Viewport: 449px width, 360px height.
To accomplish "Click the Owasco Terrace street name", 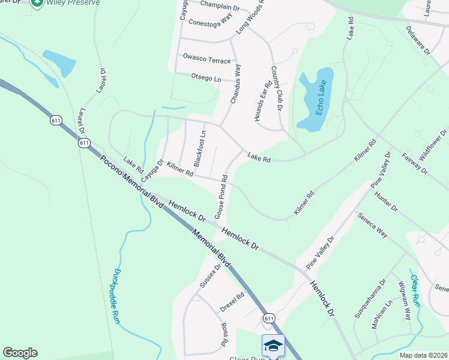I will (206, 59).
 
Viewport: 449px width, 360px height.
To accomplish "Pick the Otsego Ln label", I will (206, 79).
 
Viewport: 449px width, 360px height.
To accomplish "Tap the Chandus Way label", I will (236, 85).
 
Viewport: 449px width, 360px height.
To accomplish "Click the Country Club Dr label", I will (277, 88).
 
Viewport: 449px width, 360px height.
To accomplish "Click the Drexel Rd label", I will (232, 301).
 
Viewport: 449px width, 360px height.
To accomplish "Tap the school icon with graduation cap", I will (273, 346).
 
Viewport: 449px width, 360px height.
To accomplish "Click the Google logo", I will (20, 353).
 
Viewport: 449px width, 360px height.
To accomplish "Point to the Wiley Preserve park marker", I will (37, 3).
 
